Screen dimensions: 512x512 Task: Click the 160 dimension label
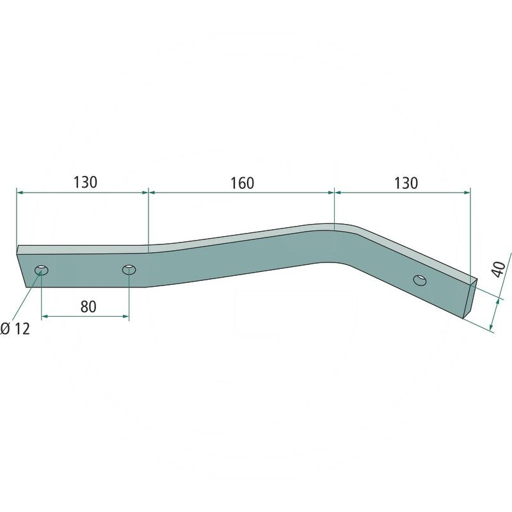[243, 183]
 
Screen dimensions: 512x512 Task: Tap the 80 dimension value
[88, 307]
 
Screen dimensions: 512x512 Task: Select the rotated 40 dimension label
[499, 269]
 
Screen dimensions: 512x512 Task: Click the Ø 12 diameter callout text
[15, 328]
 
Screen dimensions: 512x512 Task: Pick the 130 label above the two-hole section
[85, 182]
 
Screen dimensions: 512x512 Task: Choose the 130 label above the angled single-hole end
[406, 183]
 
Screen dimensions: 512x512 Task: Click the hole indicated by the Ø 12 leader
[42, 270]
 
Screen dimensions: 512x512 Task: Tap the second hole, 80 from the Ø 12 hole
[129, 269]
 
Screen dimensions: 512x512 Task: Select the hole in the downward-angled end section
[420, 280]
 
